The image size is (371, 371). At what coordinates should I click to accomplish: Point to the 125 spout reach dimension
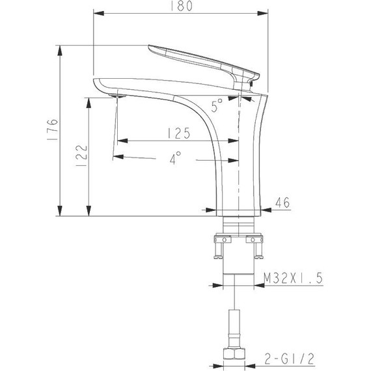point(174,134)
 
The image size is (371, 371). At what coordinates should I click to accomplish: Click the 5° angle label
point(217,102)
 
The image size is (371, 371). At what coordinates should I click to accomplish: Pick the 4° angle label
point(174,158)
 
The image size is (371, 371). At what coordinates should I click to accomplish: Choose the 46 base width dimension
point(282,202)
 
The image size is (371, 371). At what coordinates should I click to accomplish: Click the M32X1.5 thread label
point(294,279)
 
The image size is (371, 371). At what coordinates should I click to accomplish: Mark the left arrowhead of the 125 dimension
point(120,141)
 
